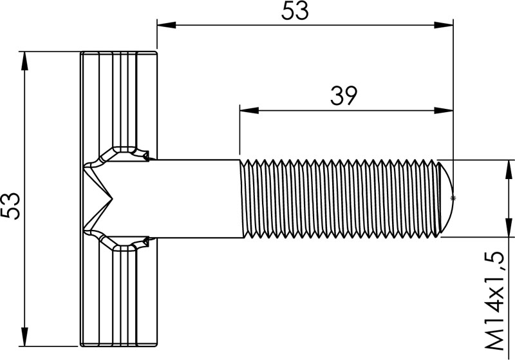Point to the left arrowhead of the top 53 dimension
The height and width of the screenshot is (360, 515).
click(165, 26)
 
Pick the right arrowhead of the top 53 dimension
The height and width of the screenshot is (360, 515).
click(445, 26)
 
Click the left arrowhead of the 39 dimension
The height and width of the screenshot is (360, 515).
click(247, 110)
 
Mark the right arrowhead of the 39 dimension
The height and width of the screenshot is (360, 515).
click(445, 110)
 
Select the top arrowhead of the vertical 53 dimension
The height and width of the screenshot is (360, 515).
click(25, 60)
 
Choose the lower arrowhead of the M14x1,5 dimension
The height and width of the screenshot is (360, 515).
click(509, 228)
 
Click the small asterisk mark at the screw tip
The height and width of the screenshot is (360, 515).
click(454, 198)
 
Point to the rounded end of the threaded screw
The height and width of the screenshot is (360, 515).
click(447, 198)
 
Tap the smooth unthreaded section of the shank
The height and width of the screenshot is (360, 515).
click(193, 198)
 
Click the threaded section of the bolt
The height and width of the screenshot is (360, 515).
click(341, 198)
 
